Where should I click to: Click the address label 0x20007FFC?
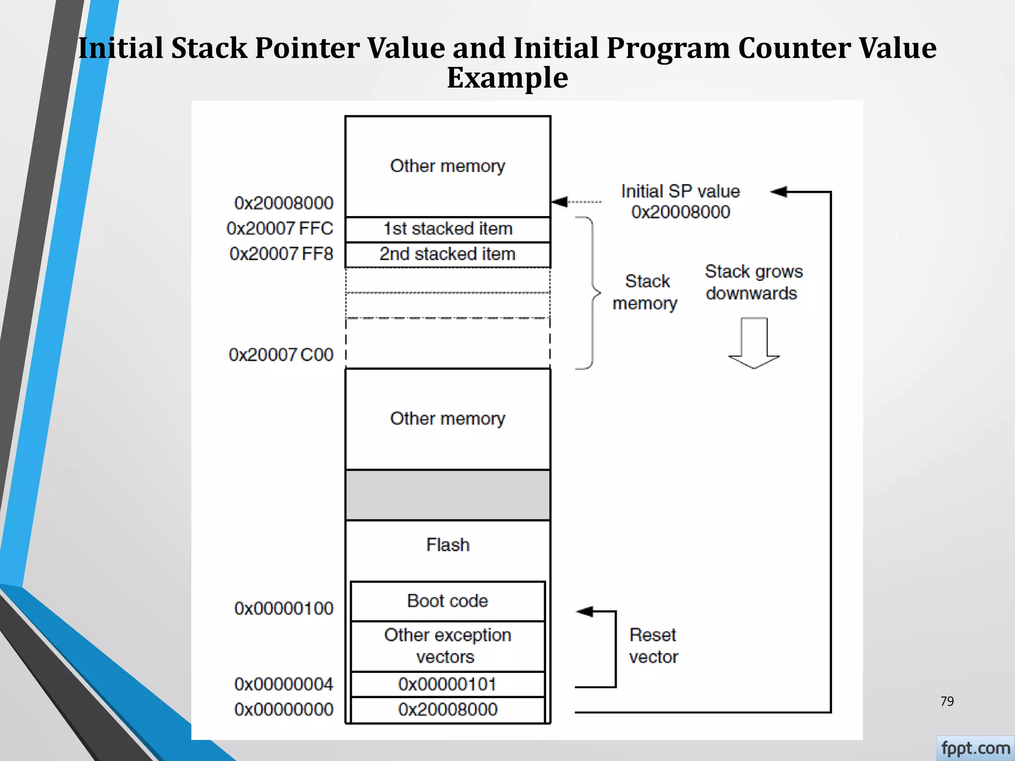click(x=280, y=228)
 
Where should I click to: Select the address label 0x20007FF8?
click(x=281, y=254)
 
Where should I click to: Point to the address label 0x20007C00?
click(x=281, y=355)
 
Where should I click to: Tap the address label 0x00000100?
click(x=283, y=608)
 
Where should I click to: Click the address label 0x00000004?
click(x=283, y=684)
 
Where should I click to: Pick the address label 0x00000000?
click(x=283, y=709)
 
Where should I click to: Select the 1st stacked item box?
click(x=448, y=229)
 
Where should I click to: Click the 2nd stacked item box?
click(x=448, y=254)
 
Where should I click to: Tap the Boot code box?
click(x=448, y=601)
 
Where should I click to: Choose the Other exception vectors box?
click(x=448, y=646)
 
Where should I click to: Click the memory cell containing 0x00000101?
click(x=448, y=684)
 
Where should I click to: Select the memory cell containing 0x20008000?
click(x=448, y=709)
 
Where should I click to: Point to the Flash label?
click(x=448, y=545)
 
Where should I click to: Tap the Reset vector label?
click(x=653, y=646)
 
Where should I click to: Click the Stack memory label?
click(x=645, y=292)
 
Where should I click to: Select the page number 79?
click(x=947, y=701)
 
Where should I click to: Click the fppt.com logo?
click(x=975, y=748)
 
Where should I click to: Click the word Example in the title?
click(x=507, y=78)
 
